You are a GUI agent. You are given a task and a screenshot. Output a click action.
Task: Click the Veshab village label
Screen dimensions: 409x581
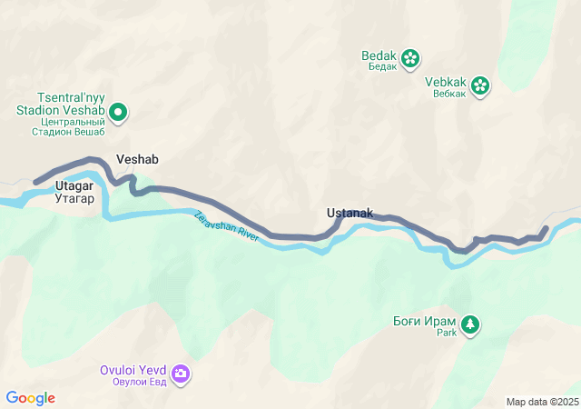pyautogui.click(x=137, y=159)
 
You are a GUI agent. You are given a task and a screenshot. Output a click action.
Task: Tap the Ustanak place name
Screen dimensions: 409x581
pyautogui.click(x=350, y=214)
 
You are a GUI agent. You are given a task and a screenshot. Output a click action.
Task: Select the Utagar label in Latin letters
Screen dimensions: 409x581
pyautogui.click(x=74, y=185)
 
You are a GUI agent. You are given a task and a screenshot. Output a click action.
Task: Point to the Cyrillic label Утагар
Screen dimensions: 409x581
pyautogui.click(x=74, y=197)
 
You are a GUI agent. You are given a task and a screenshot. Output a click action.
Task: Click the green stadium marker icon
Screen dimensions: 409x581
pyautogui.click(x=118, y=113)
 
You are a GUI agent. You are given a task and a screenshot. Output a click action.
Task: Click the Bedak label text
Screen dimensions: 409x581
pyautogui.click(x=379, y=55)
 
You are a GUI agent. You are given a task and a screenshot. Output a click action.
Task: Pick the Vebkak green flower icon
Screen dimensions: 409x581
pyautogui.click(x=480, y=86)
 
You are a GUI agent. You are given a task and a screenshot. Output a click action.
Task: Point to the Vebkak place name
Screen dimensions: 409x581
pyautogui.click(x=445, y=82)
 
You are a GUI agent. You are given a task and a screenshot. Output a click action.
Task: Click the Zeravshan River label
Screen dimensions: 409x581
pyautogui.click(x=226, y=225)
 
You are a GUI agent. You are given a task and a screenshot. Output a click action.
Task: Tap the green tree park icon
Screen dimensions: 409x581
pyautogui.click(x=469, y=324)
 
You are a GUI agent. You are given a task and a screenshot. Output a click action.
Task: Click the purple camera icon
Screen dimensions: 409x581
pyautogui.click(x=181, y=374)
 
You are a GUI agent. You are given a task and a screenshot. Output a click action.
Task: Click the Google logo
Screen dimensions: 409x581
pyautogui.click(x=30, y=398)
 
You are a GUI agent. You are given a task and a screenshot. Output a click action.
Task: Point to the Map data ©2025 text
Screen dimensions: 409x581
pyautogui.click(x=542, y=402)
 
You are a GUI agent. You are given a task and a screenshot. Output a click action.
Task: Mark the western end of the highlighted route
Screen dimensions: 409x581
pyautogui.click(x=36, y=182)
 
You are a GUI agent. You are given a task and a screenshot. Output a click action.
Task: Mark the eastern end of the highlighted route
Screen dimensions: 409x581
pyautogui.click(x=547, y=228)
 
